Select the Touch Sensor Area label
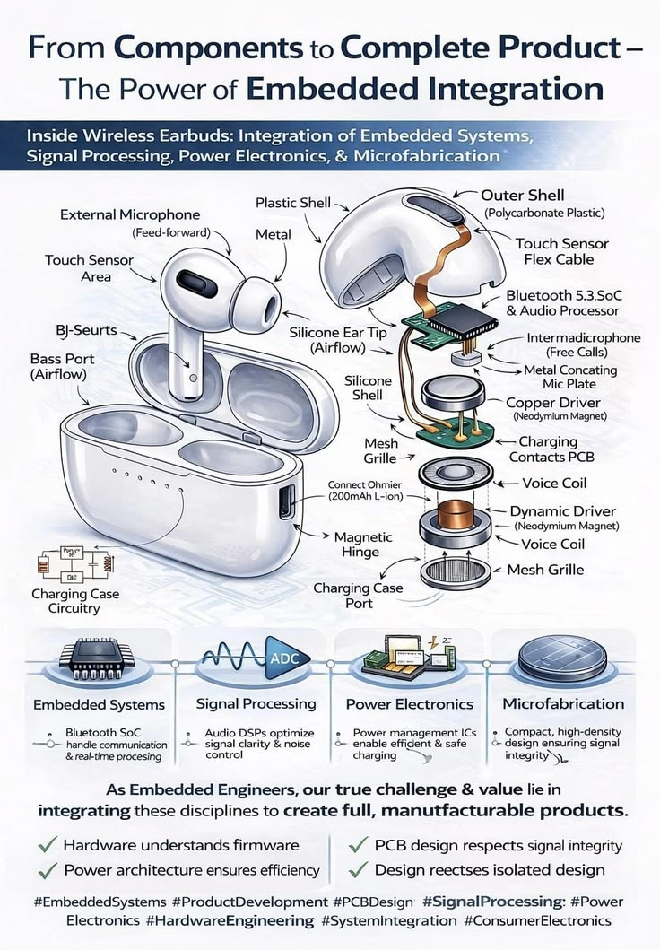point(89,268)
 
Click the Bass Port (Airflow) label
point(62,367)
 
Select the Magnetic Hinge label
point(363,545)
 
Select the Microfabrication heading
point(563,704)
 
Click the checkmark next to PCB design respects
point(359,845)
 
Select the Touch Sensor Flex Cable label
point(561,251)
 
